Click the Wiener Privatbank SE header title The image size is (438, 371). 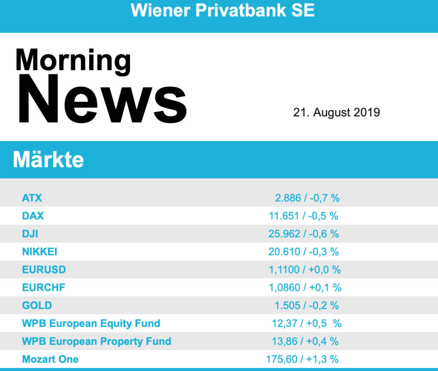(x=222, y=10)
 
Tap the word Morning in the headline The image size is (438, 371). (x=73, y=60)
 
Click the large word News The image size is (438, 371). (x=101, y=99)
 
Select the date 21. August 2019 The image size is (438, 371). (x=336, y=113)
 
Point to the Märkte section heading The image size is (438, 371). (x=48, y=160)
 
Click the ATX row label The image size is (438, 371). (x=32, y=198)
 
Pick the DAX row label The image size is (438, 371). (x=33, y=216)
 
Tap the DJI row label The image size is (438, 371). (x=30, y=234)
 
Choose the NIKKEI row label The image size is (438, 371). (x=40, y=252)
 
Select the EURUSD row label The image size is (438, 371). (x=44, y=270)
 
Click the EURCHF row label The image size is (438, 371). (x=44, y=287)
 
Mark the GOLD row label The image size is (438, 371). (x=37, y=305)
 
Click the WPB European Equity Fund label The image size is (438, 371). (x=91, y=323)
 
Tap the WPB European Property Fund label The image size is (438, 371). (x=97, y=341)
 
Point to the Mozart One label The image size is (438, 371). (x=50, y=359)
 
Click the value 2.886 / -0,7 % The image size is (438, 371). (x=307, y=198)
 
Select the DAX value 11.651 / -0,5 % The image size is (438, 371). (x=303, y=216)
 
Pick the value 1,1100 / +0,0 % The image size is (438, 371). (x=305, y=270)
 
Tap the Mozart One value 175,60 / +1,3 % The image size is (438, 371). (x=302, y=359)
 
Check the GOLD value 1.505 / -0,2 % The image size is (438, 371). (x=307, y=305)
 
